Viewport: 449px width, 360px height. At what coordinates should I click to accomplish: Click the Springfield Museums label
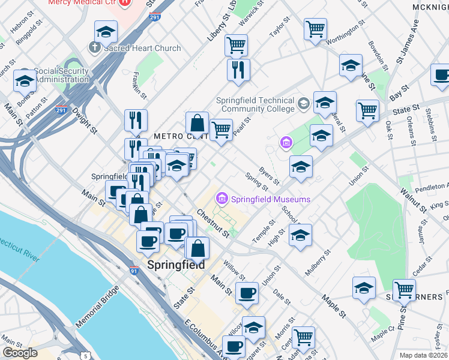[271, 199]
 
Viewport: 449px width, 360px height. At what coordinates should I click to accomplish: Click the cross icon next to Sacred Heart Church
[94, 47]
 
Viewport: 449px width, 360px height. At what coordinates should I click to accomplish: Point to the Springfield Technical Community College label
[258, 105]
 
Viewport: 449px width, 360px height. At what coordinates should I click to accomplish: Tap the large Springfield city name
[176, 265]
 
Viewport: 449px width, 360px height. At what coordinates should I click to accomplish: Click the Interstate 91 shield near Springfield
[133, 272]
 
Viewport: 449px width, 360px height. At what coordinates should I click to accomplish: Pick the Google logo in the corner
[20, 353]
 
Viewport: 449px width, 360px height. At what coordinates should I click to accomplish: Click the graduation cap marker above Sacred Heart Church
[106, 32]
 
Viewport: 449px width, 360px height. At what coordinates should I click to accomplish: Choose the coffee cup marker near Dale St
[247, 293]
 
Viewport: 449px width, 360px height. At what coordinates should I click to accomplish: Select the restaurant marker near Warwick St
[238, 70]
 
